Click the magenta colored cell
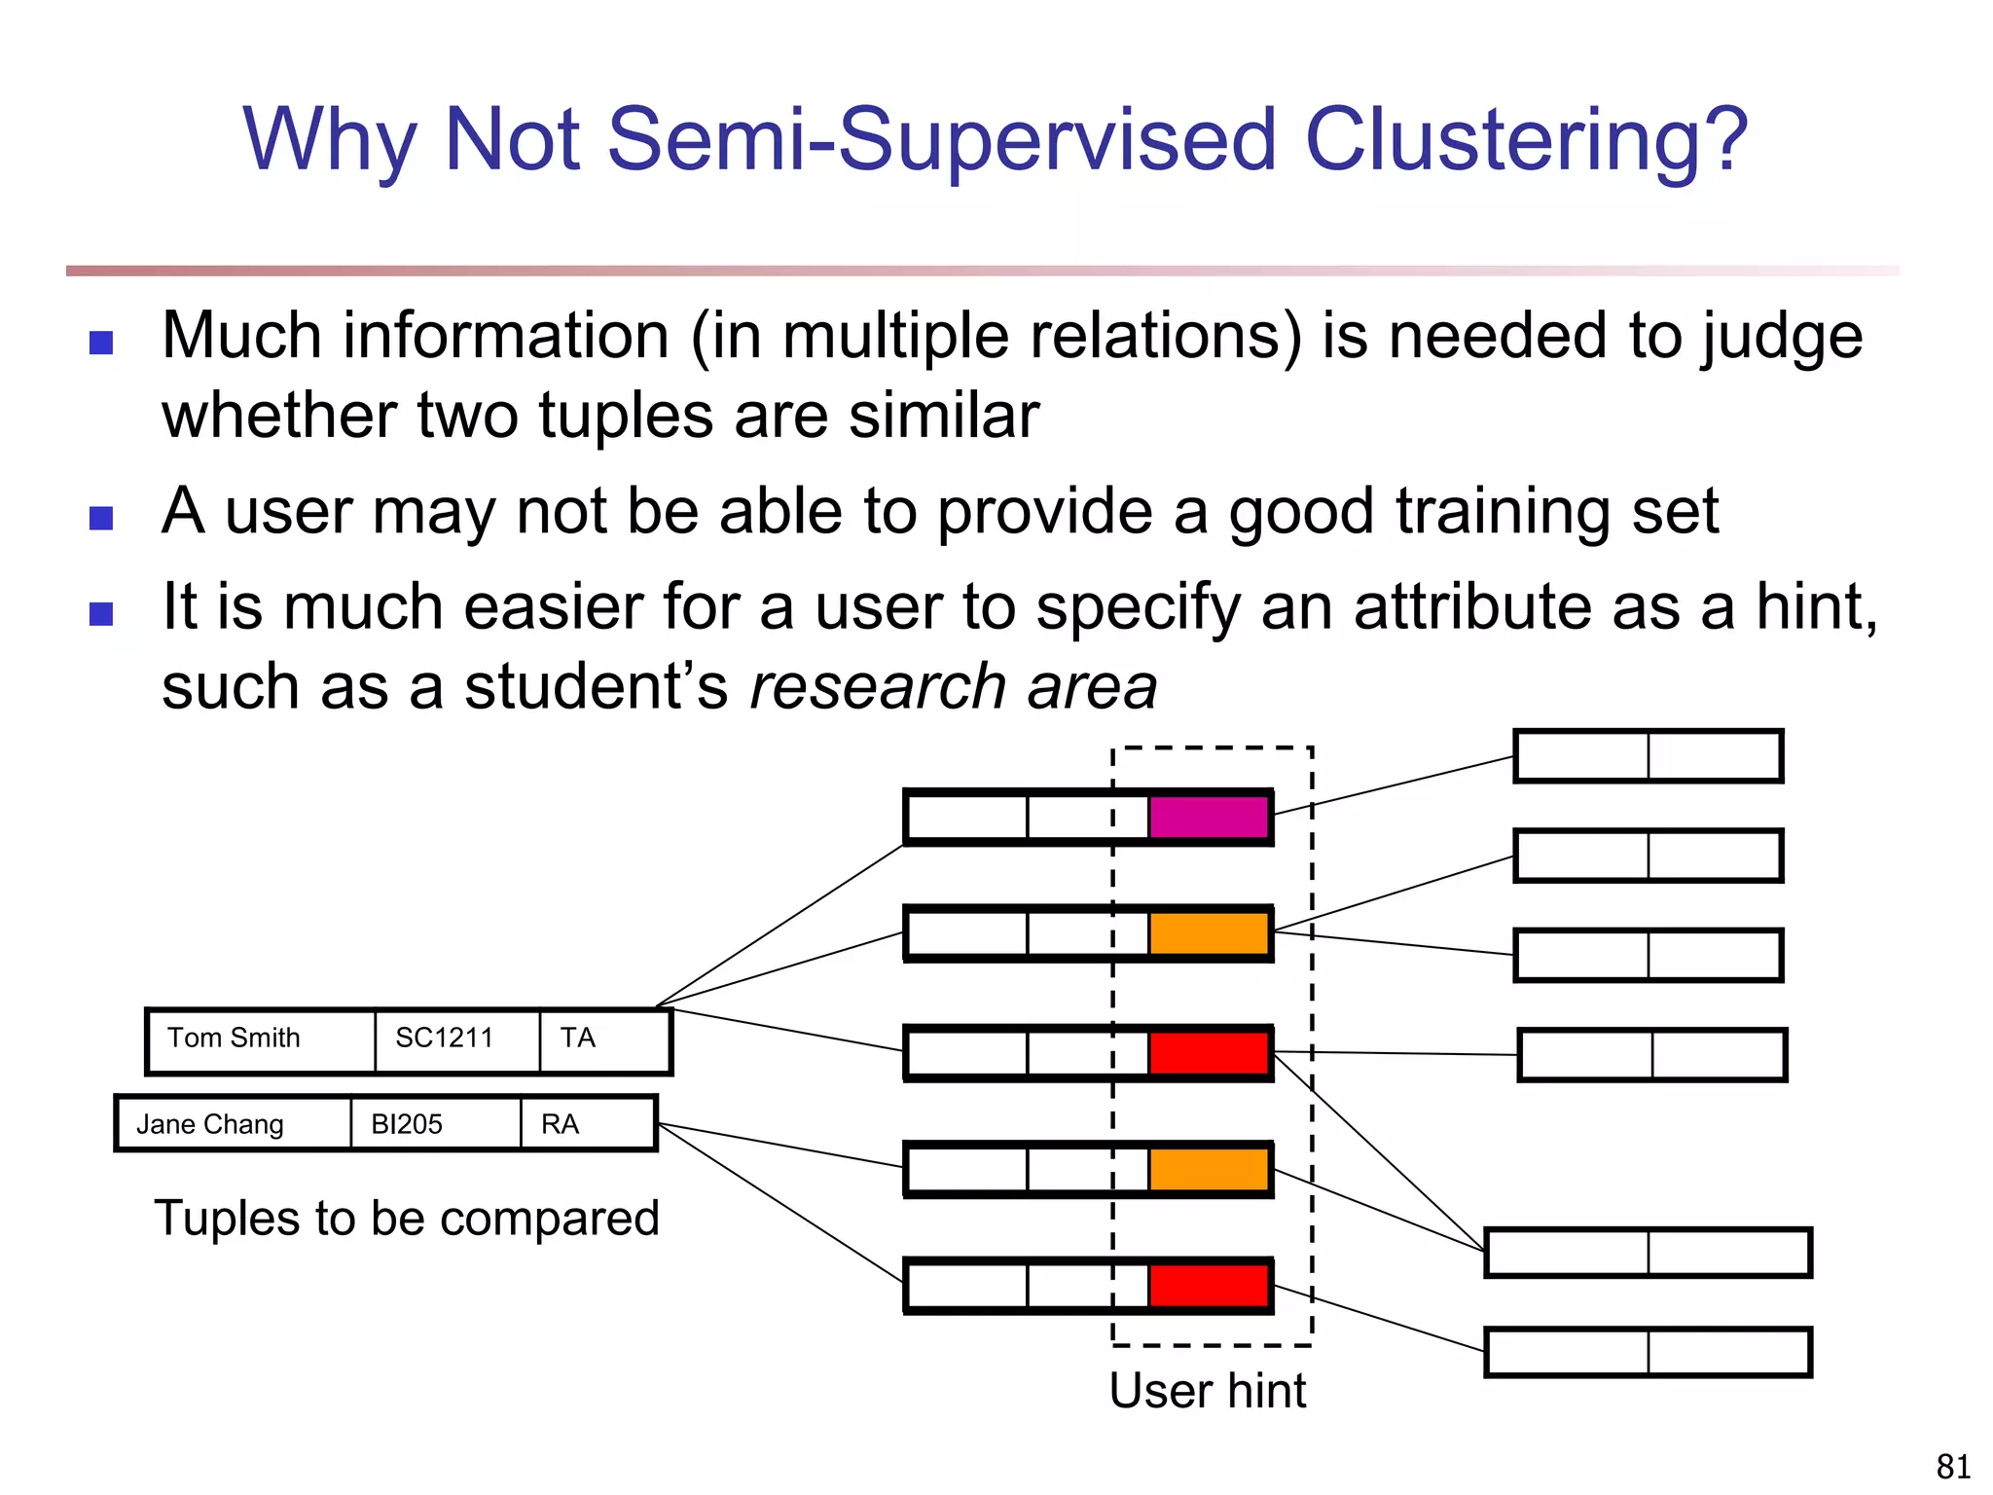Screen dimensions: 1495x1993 (1209, 817)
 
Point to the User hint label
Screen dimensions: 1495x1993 (1207, 1390)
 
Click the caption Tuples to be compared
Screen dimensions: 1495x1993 (407, 1219)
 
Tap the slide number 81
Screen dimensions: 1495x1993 (1953, 1466)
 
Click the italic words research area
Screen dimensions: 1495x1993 (954, 687)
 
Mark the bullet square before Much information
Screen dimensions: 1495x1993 (101, 343)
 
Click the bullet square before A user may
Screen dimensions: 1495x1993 (101, 518)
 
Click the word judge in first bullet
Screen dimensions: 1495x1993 (1781, 338)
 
